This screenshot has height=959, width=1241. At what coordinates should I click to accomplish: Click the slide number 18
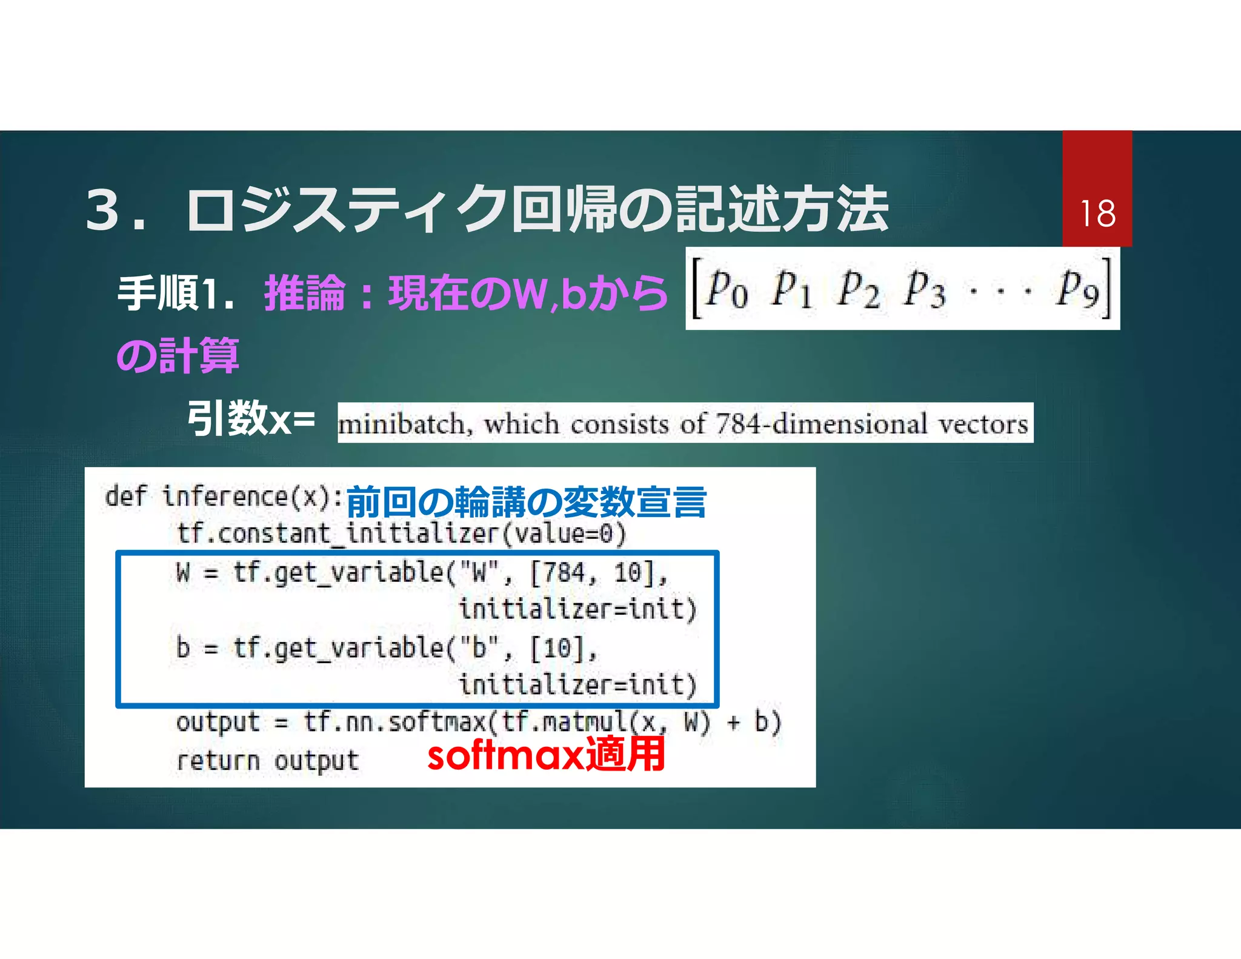1097,213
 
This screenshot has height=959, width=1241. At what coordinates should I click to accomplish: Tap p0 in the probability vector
727,290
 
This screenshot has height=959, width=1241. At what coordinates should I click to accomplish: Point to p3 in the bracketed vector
924,290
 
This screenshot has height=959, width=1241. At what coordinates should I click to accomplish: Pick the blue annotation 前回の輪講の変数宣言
526,502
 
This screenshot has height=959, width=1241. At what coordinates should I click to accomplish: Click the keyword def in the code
125,496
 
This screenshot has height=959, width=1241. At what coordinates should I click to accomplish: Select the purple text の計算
178,356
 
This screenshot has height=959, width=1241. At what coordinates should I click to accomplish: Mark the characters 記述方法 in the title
782,210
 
